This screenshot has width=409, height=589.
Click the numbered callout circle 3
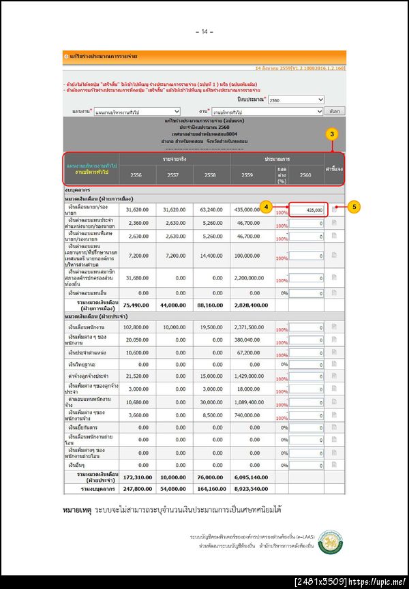coord(332,134)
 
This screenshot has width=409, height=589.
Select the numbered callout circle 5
coord(353,205)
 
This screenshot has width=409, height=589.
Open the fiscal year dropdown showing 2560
coord(296,100)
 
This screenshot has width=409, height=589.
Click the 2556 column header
coord(135,175)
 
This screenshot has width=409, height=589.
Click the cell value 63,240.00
coord(211,210)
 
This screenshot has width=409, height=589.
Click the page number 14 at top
coord(204,31)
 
